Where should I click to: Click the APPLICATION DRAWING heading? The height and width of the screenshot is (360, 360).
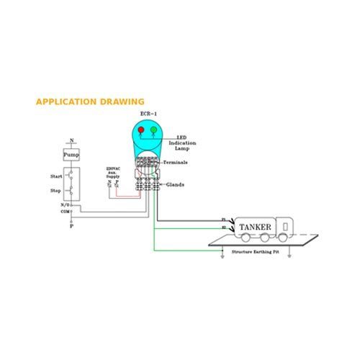tap(90, 102)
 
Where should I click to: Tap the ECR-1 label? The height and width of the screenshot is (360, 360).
tap(148, 114)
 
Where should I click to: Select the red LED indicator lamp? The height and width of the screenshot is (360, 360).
tap(142, 131)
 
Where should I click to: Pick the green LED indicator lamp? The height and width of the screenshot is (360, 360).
tap(153, 131)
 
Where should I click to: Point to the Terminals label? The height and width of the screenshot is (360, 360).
tap(177, 164)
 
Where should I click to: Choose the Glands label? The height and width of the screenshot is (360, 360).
tap(176, 184)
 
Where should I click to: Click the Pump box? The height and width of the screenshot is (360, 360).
tap(71, 156)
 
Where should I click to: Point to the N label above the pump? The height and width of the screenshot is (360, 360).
tap(71, 140)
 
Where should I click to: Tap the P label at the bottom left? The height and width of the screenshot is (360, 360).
tap(71, 226)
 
